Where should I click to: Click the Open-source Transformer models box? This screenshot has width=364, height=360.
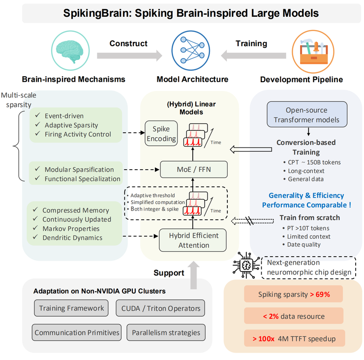pos(307,115)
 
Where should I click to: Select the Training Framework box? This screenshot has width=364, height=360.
pos(72,308)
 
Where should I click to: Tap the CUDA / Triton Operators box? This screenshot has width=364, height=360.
pos(160,308)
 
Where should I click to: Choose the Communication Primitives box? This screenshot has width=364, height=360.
pos(77,332)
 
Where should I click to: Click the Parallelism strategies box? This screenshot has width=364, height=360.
pos(166,332)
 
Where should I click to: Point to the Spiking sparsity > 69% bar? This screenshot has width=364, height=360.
pos(294,295)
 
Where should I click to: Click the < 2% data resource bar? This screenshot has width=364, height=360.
pos(294,317)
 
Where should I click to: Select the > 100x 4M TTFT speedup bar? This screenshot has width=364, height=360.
pos(294,339)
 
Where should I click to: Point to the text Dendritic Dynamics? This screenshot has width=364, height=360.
pos(72,238)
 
